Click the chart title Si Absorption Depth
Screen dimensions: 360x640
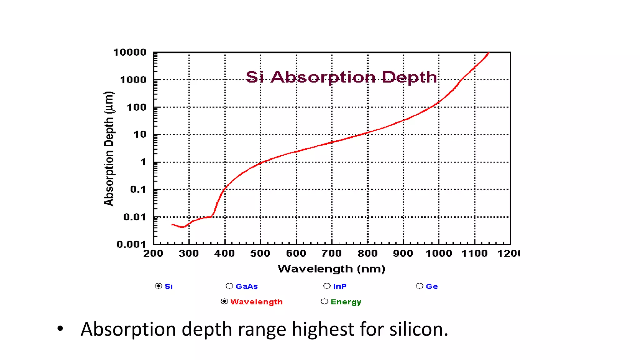341,77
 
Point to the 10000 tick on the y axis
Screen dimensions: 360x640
130,52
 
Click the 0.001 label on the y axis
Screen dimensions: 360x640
131,244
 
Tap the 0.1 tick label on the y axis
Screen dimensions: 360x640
138,189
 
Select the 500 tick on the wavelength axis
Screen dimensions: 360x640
260,253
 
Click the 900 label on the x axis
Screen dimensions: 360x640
403,253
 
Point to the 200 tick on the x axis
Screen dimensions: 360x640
153,253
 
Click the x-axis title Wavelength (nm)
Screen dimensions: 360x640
331,269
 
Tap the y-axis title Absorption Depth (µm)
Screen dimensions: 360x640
109,149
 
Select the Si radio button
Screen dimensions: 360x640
158,286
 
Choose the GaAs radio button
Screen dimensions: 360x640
229,286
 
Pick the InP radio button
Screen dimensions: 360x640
327,286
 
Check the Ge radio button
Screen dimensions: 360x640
420,286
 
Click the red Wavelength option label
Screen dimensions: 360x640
256,302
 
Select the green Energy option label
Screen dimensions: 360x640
346,302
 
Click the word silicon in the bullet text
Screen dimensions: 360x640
418,329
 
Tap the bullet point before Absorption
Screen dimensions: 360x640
60,329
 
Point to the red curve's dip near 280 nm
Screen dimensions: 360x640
182,227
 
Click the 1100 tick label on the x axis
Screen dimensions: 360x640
474,253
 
